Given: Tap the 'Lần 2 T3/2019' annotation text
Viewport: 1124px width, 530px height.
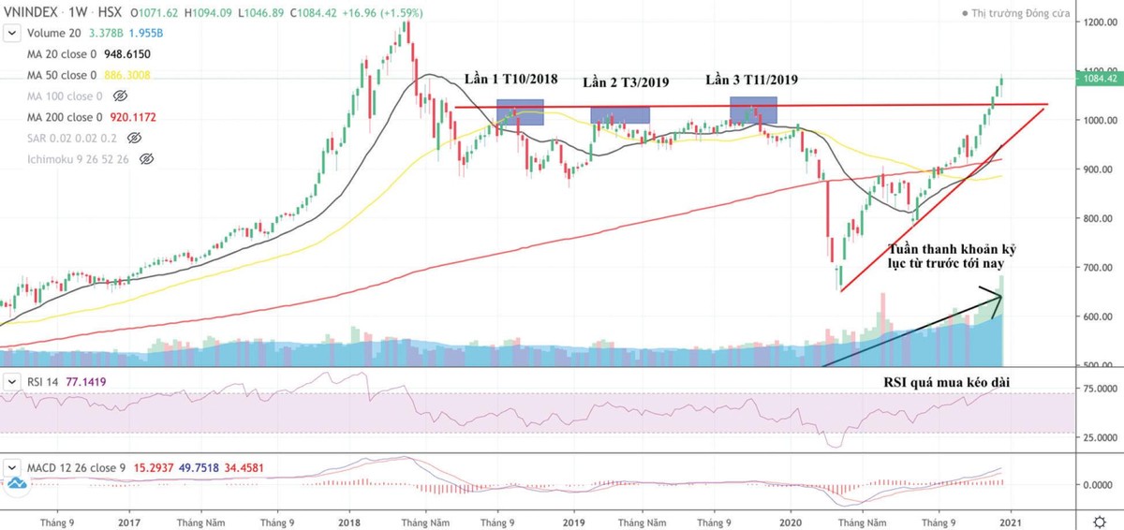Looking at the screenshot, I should coord(626,82).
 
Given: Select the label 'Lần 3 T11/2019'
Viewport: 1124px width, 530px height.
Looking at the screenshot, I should coord(751,80).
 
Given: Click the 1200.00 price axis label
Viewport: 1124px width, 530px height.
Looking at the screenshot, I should coord(1098,22).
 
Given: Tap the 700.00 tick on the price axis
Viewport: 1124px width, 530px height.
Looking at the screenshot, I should coord(1098,268).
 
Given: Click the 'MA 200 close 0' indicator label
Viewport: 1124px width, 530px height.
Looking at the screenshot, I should coord(64,117).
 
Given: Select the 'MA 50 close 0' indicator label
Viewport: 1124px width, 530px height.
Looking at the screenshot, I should coord(61,75).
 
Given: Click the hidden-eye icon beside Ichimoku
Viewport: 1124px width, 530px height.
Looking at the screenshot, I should coord(145,159).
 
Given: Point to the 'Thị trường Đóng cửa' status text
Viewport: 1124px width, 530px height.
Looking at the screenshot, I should coord(1025,13).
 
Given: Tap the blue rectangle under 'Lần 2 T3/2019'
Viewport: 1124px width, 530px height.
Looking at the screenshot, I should coord(620,115).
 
